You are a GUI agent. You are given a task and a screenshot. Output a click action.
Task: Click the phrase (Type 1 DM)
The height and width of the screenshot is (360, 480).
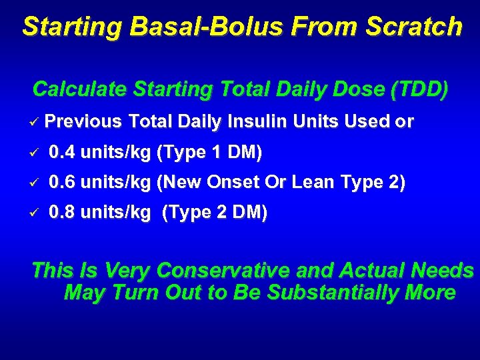(x=209, y=153)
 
